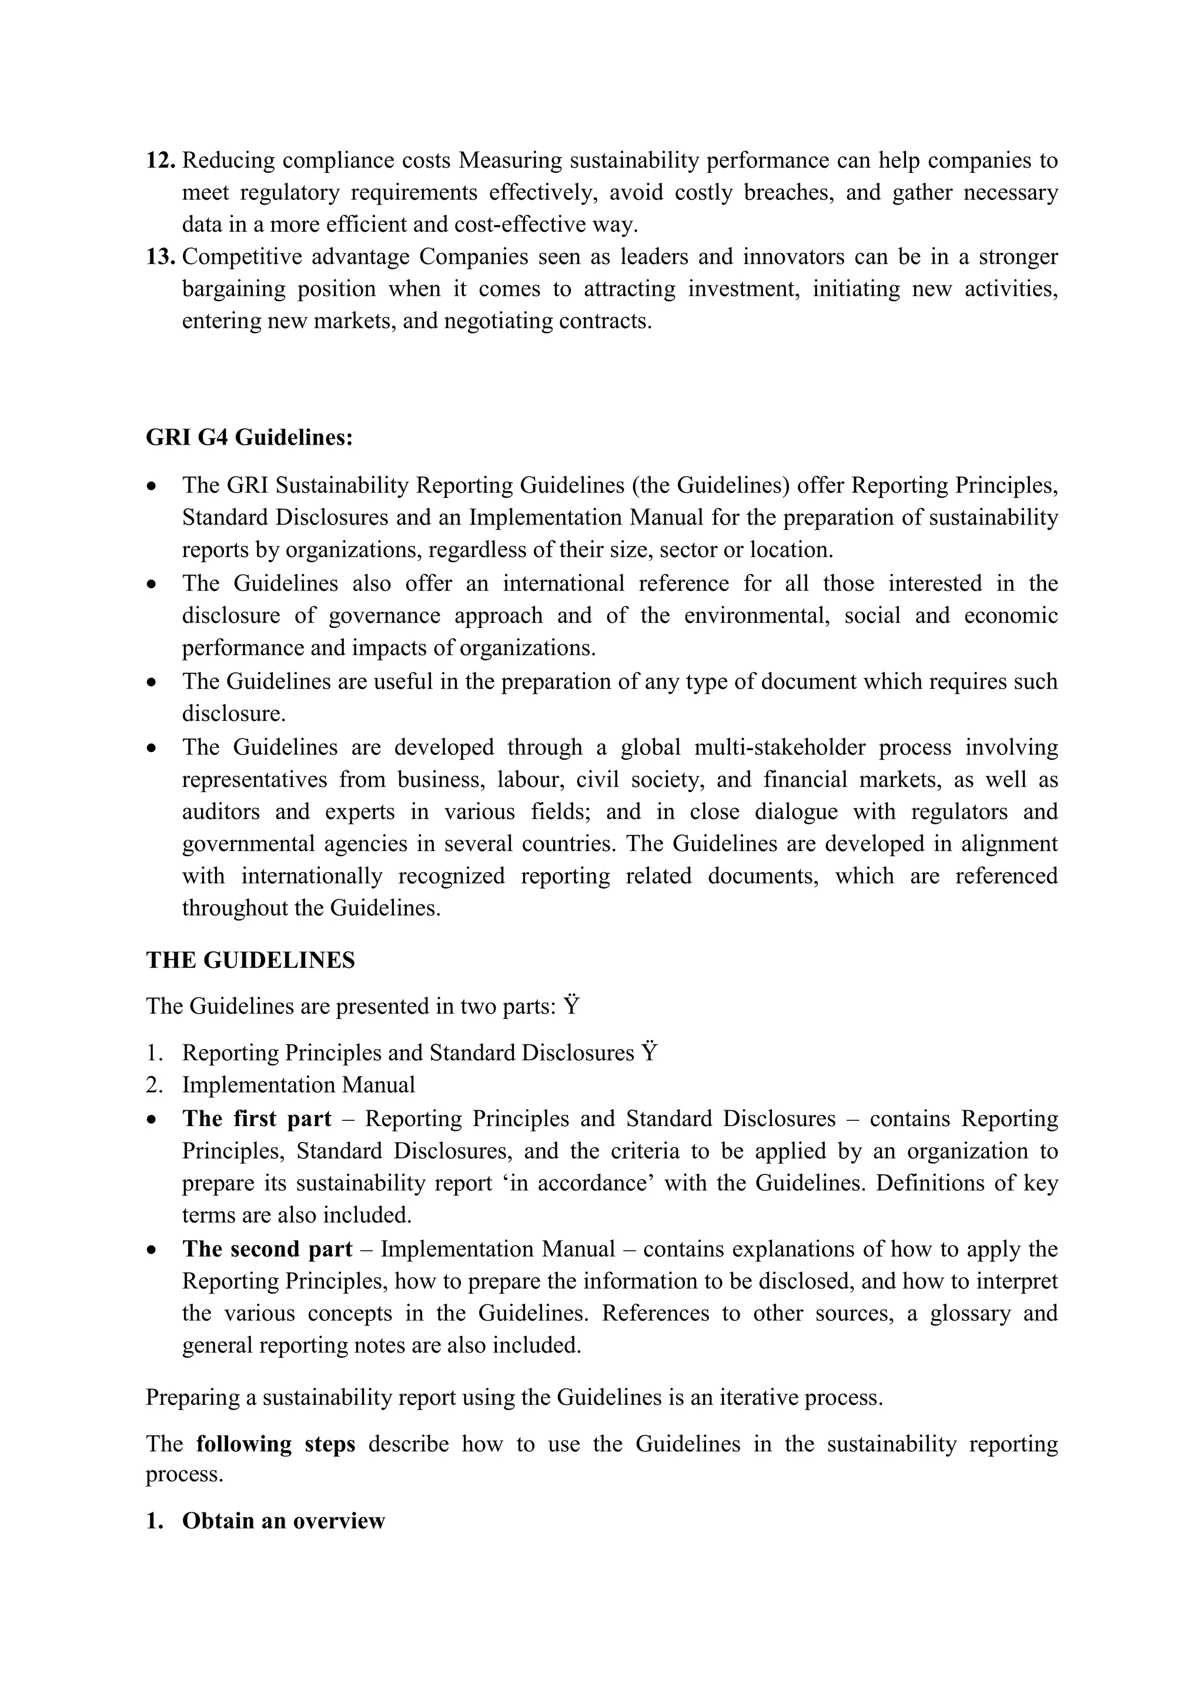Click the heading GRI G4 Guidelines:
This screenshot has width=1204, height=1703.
coord(249,438)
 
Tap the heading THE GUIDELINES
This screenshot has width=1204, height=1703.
coord(250,960)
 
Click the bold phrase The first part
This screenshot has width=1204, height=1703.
coord(256,1118)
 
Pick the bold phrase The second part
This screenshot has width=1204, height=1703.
coord(267,1249)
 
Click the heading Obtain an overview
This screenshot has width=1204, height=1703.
coord(283,1521)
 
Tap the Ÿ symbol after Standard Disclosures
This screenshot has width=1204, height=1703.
coord(650,1053)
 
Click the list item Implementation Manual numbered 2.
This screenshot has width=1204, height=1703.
coord(298,1085)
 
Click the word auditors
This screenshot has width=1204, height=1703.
coord(221,812)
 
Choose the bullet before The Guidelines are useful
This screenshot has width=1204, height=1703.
coord(152,682)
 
